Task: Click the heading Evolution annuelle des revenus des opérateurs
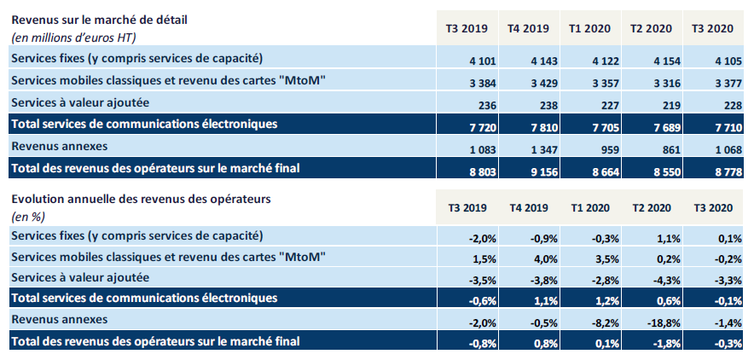(x=140, y=200)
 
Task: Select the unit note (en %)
(x=27, y=216)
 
